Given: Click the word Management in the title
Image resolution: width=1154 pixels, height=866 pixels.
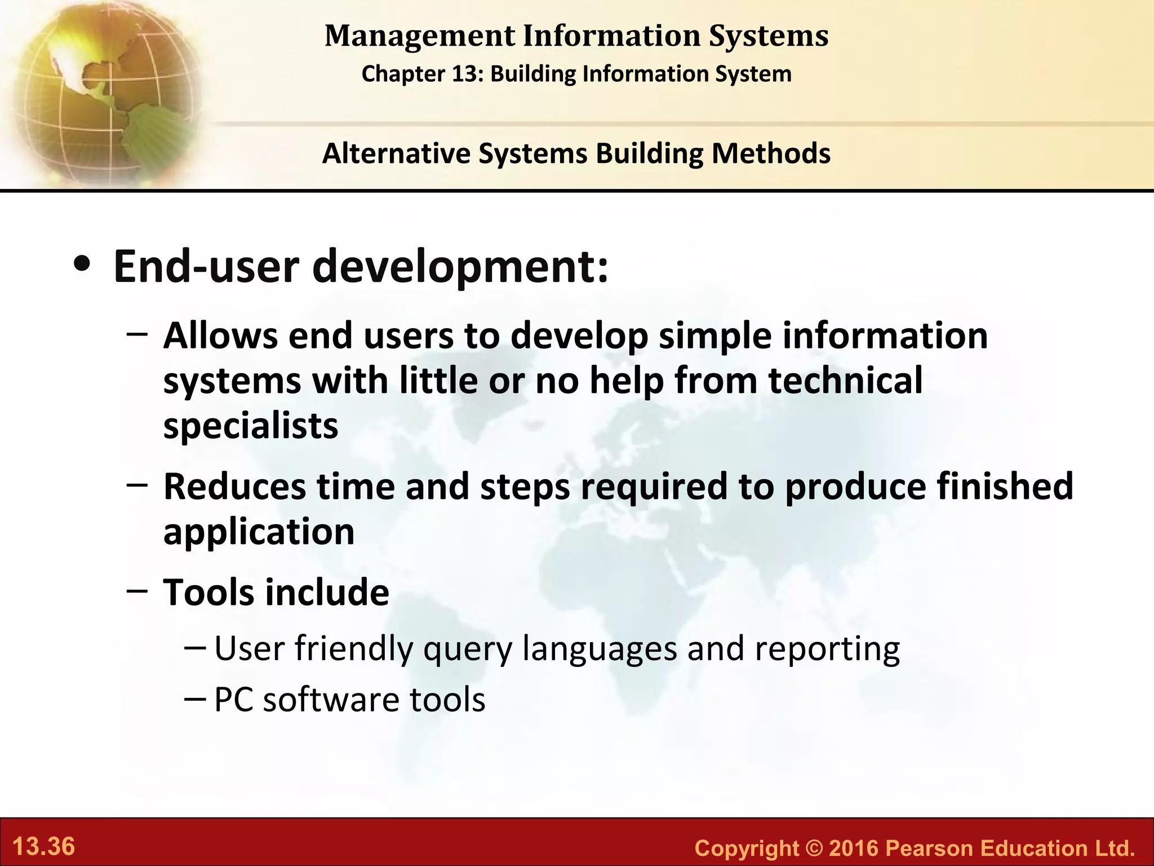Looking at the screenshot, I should (x=420, y=36).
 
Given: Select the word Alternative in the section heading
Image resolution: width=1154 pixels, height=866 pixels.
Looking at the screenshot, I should (x=396, y=153).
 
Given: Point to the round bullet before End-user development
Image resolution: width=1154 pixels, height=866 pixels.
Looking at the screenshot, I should (x=83, y=266).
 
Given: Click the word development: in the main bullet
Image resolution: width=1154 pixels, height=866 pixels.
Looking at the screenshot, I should (x=460, y=267).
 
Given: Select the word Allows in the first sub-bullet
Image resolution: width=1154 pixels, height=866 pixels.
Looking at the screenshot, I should (x=220, y=336).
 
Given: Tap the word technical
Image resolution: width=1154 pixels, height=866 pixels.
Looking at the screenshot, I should (x=845, y=381).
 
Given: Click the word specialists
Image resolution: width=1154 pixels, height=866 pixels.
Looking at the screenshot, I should (x=250, y=426).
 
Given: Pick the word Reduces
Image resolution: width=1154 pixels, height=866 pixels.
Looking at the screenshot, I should (x=234, y=487).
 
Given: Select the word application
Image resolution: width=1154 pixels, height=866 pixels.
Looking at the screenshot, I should (x=259, y=532).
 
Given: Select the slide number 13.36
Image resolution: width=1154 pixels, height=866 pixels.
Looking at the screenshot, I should (x=43, y=847).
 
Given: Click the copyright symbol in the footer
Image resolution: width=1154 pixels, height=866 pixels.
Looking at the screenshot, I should (x=814, y=848).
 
